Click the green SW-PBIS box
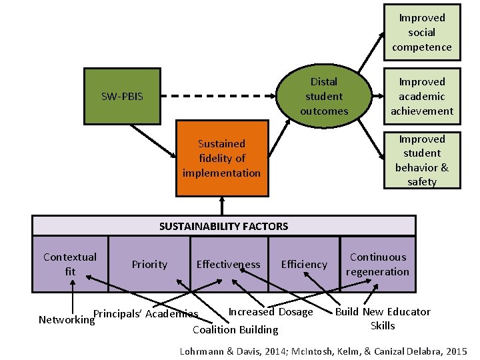(x=122, y=97)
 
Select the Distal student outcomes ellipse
(x=324, y=97)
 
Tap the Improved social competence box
(x=421, y=33)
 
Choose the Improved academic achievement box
(x=421, y=97)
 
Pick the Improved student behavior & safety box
(x=421, y=161)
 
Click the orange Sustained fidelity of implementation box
(x=221, y=158)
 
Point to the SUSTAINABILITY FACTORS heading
(x=224, y=226)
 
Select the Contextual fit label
(x=70, y=264)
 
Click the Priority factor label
(x=149, y=265)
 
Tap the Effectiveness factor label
(x=228, y=265)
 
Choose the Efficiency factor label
(x=304, y=265)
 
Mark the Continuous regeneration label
(x=378, y=264)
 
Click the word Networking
(x=66, y=320)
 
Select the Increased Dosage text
(x=271, y=312)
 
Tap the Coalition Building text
(x=235, y=329)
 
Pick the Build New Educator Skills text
(x=383, y=319)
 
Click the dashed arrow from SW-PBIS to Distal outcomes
(x=220, y=97)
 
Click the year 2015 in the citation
(x=457, y=351)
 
